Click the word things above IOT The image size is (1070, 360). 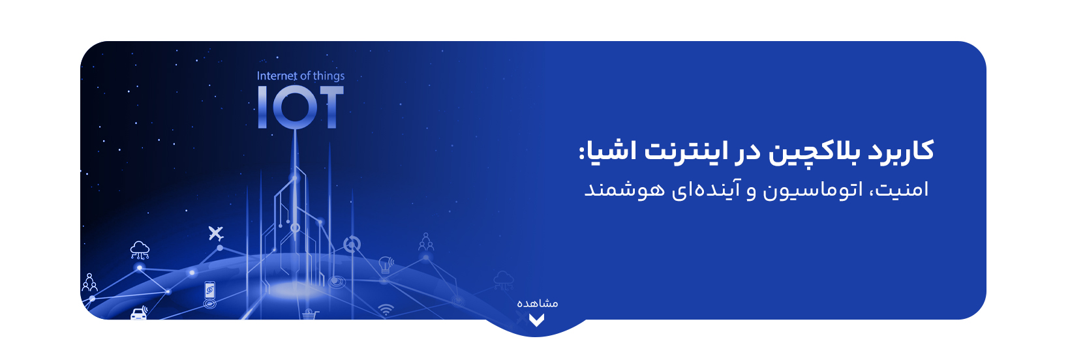coord(329,76)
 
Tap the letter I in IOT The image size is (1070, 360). coord(262,107)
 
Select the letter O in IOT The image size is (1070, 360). coord(294,107)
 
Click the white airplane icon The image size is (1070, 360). coord(216,233)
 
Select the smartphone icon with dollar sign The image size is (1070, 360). coord(209,290)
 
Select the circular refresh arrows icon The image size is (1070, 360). coord(352,245)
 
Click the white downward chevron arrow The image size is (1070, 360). coord(536,320)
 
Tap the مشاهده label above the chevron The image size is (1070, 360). coord(538,303)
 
